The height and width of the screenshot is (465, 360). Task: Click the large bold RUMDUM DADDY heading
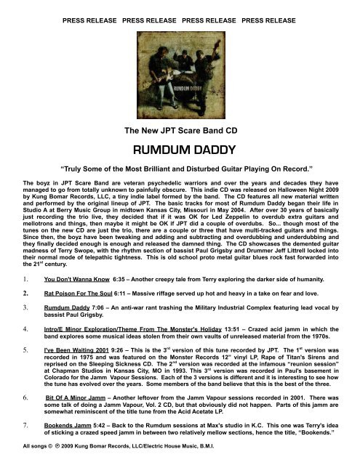(x=180, y=150)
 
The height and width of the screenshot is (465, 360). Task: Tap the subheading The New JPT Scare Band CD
(x=180, y=131)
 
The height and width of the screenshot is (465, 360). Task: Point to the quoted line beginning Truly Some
(x=180, y=175)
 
